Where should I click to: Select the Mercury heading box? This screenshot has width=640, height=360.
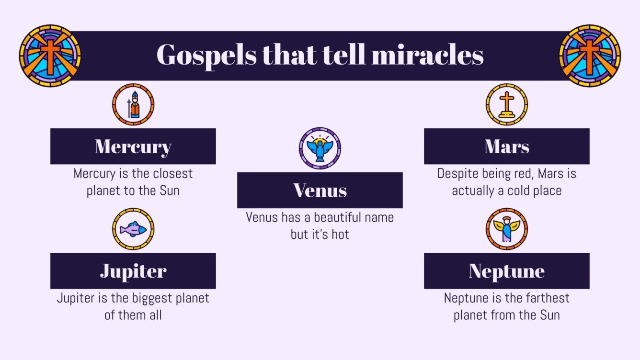[x=133, y=146]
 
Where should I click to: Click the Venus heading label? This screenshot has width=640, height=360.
[x=320, y=190]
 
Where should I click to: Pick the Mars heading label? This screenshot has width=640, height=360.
[x=506, y=146]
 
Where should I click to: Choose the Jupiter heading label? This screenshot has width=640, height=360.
[x=133, y=271]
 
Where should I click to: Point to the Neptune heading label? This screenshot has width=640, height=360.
[x=506, y=271]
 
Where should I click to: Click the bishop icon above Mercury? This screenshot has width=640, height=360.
[x=133, y=105]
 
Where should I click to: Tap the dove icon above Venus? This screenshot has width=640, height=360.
[x=320, y=148]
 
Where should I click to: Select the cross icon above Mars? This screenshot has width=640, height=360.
[x=506, y=105]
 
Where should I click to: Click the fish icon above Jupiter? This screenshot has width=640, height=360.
[x=133, y=229]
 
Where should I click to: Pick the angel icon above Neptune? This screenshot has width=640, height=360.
[x=506, y=229]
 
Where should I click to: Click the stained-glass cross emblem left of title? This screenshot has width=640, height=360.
[x=50, y=56]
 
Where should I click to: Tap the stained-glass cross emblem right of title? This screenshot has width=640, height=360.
[x=590, y=56]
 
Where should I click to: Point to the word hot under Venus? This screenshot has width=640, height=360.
[x=339, y=235]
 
